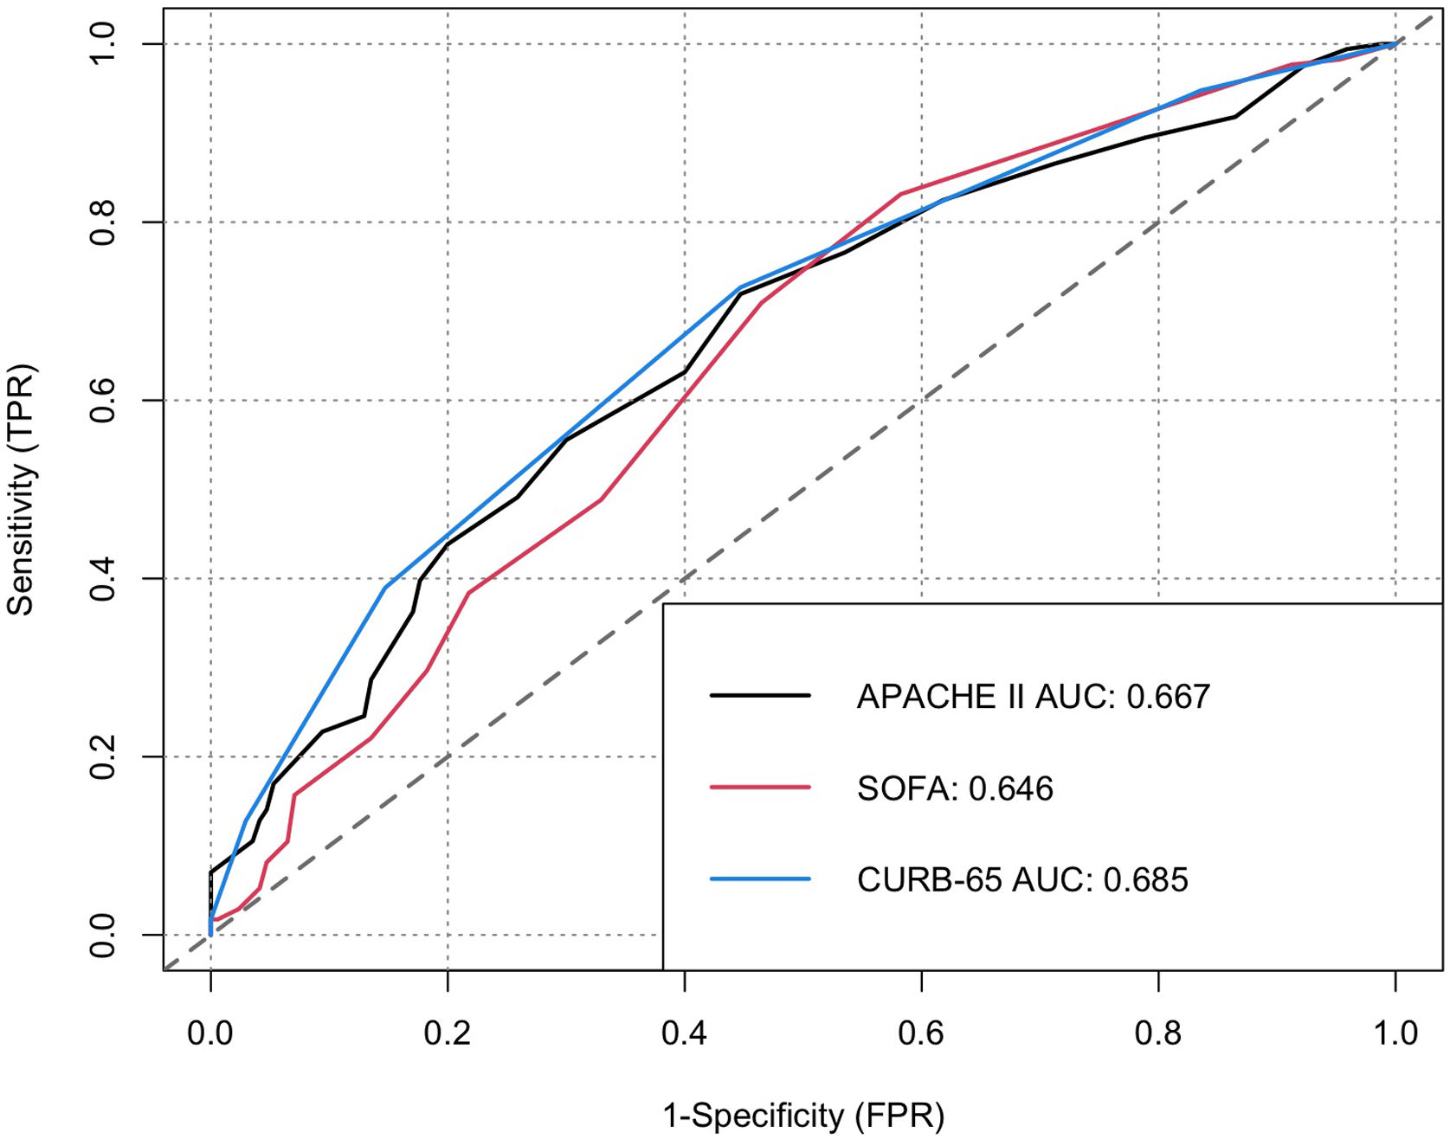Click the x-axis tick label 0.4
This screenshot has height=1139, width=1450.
tap(684, 1033)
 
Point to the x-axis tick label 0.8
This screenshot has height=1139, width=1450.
tap(1158, 1033)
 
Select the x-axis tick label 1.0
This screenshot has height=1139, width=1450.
tap(1395, 1033)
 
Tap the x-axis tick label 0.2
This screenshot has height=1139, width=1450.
tap(447, 1033)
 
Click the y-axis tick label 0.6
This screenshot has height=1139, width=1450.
tap(103, 400)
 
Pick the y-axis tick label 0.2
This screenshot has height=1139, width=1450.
tap(103, 756)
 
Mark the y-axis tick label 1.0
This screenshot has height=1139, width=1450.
tap(103, 43)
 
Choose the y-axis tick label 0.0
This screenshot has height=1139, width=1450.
tap(103, 935)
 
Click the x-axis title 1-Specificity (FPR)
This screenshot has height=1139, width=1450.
tap(802, 1116)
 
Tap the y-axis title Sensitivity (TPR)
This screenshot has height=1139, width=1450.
tap(21, 489)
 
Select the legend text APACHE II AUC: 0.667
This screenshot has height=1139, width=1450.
tap(1033, 697)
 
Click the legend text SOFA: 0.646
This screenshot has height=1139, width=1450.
tap(955, 788)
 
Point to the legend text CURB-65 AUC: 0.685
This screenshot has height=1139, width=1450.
tap(1022, 879)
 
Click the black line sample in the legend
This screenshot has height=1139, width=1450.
tap(759, 695)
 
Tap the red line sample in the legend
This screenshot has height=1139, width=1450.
tap(759, 787)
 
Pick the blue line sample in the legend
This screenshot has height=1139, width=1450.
tap(759, 878)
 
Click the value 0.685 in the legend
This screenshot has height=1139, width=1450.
tap(1146, 879)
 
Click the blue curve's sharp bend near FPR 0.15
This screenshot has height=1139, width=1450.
tap(385, 587)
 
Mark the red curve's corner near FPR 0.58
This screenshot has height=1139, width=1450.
tap(900, 194)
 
